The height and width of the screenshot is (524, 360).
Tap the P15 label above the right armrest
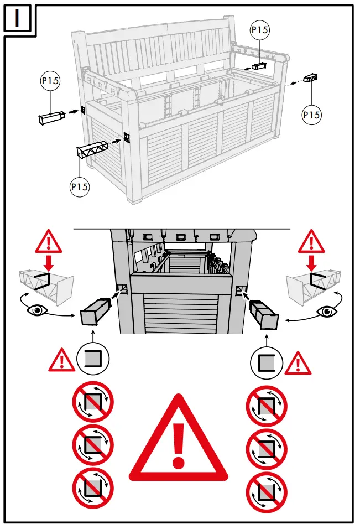coord(259,30)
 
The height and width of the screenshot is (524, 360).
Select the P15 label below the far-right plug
coord(312,115)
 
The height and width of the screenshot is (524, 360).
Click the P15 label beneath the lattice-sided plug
coord(80,187)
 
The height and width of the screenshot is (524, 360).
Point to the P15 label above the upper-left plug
coord(50,81)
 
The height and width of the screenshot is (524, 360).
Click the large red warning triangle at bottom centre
coord(179,440)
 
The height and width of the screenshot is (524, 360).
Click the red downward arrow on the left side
coord(49,262)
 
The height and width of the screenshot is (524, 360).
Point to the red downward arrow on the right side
coord(312,262)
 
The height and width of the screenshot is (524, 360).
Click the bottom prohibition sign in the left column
coord(93,489)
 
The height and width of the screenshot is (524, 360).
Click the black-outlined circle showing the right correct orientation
coord(267,363)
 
